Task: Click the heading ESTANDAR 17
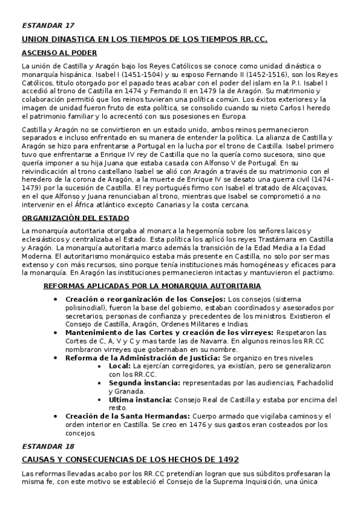48,25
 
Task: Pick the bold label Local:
120,365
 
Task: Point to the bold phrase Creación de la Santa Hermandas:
127,416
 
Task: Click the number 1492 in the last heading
227,459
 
